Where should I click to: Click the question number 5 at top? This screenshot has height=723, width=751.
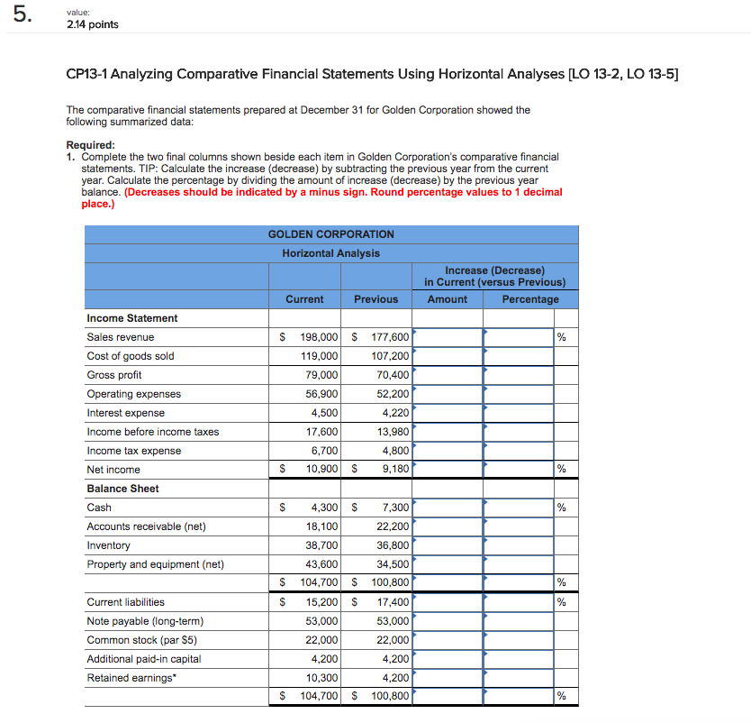(x=21, y=17)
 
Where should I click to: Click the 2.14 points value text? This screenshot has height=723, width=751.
(x=92, y=24)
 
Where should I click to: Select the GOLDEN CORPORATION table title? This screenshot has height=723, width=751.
(x=330, y=234)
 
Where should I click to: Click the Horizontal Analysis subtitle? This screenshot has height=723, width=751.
(x=330, y=253)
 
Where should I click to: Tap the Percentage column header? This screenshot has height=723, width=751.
(x=529, y=299)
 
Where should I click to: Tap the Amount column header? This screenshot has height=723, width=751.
(x=447, y=299)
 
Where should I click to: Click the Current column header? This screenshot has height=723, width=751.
(x=304, y=299)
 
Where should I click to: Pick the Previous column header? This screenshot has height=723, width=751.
(x=375, y=299)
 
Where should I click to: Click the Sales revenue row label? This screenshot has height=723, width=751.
(x=120, y=337)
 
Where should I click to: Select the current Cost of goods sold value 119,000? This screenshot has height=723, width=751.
(x=321, y=356)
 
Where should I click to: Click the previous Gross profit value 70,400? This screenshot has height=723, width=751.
(x=390, y=375)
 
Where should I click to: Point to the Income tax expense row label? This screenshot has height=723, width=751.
(x=133, y=451)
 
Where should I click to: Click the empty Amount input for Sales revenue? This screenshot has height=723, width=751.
(x=448, y=337)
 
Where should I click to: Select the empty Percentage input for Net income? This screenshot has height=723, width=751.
(x=518, y=470)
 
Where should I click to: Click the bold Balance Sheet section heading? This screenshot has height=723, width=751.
(x=122, y=489)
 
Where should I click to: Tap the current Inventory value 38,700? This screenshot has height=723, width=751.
(x=321, y=545)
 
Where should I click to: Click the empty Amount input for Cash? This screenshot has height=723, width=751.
(x=448, y=508)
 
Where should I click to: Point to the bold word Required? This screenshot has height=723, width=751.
(x=90, y=145)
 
